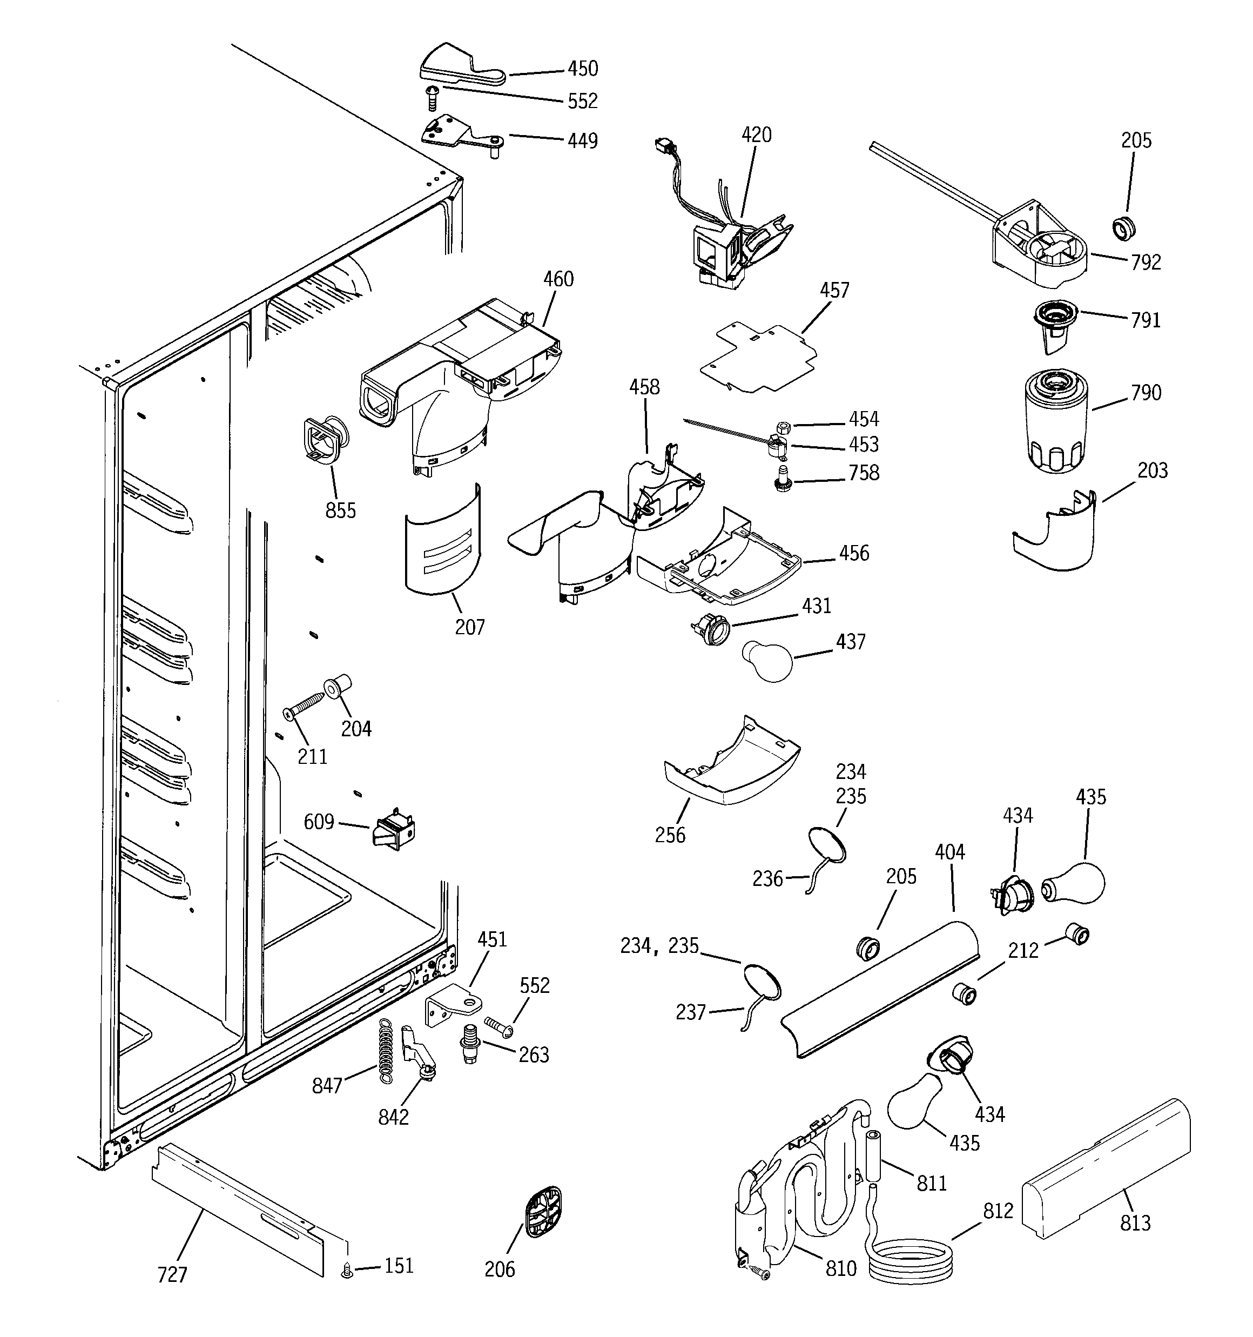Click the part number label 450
click(x=582, y=69)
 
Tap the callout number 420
click(x=756, y=135)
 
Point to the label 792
click(x=1146, y=263)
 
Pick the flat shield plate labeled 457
click(x=759, y=357)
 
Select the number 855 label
click(x=340, y=510)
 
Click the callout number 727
click(x=172, y=1274)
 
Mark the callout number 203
click(x=1152, y=471)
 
